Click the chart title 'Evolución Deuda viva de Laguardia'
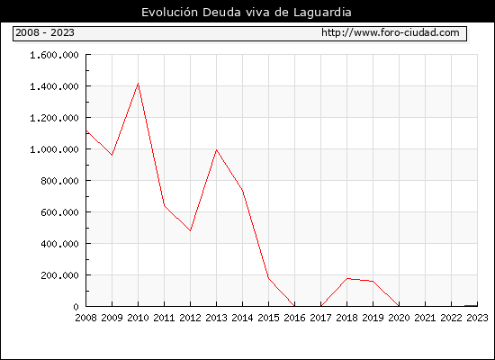pyautogui.click(x=247, y=13)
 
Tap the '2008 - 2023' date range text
pyautogui.click(x=45, y=32)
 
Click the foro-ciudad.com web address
pyautogui.click(x=391, y=32)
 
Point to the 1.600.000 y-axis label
pyautogui.click(x=54, y=55)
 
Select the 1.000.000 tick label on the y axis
pyautogui.click(x=54, y=149)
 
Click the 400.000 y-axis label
pyautogui.click(x=59, y=244)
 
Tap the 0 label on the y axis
pyautogui.click(x=76, y=307)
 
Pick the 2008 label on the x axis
pyautogui.click(x=85, y=318)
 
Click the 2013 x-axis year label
pyautogui.click(x=216, y=318)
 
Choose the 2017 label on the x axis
pyautogui.click(x=320, y=318)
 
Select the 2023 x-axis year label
pyautogui.click(x=477, y=318)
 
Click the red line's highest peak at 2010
pyautogui.click(x=138, y=84)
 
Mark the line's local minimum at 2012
pyautogui.click(x=191, y=230)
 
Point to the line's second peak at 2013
pyautogui.click(x=216, y=149)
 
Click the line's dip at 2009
pyautogui.click(x=112, y=155)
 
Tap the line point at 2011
pyautogui.click(x=164, y=205)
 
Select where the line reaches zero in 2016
pyautogui.click(x=294, y=306)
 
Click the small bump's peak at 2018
pyautogui.click(x=346, y=278)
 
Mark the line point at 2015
pyautogui.click(x=268, y=278)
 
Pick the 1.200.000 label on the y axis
pyautogui.click(x=54, y=118)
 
